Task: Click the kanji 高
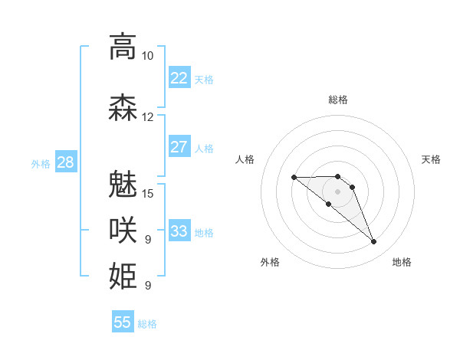(x=123, y=46)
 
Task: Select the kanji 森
(x=123, y=107)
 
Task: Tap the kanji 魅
(x=123, y=183)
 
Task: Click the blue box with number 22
(x=179, y=77)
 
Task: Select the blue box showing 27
(x=179, y=147)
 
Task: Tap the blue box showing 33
(x=179, y=231)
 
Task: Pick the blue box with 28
(x=64, y=162)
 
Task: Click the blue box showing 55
(x=123, y=322)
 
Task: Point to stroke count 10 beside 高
(x=147, y=56)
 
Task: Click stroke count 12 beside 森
(x=147, y=117)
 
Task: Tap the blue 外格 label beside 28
(x=40, y=163)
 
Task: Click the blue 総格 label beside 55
(x=147, y=324)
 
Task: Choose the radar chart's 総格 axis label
(x=337, y=100)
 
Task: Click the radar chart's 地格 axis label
(x=402, y=262)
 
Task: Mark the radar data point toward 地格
(x=374, y=242)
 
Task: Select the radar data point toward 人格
(x=294, y=178)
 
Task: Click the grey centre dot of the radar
(x=337, y=191)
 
